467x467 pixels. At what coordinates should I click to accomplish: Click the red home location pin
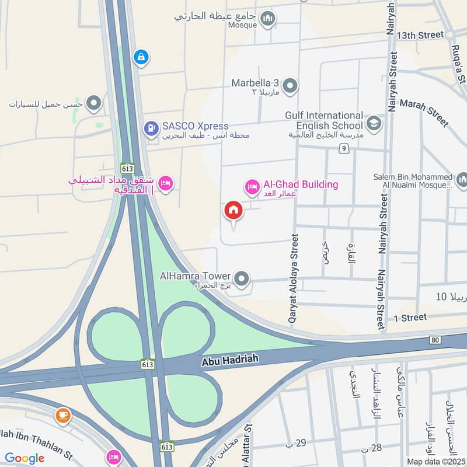(x=233, y=211)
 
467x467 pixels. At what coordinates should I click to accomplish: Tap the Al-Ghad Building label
(x=301, y=184)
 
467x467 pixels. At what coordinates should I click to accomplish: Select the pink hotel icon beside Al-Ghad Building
(x=252, y=187)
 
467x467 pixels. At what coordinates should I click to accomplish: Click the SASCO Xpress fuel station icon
(x=151, y=127)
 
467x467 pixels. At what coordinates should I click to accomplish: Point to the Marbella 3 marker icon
(x=290, y=86)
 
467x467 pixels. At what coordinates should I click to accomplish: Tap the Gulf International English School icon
(x=374, y=124)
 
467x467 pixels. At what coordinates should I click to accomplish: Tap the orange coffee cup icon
(x=62, y=416)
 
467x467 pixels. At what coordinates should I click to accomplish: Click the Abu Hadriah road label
(x=229, y=361)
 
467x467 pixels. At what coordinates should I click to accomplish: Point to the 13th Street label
(x=420, y=35)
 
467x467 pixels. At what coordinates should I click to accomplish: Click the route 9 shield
(x=345, y=149)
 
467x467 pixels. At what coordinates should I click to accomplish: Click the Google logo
(x=25, y=458)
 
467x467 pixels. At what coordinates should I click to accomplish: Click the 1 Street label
(x=410, y=318)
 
